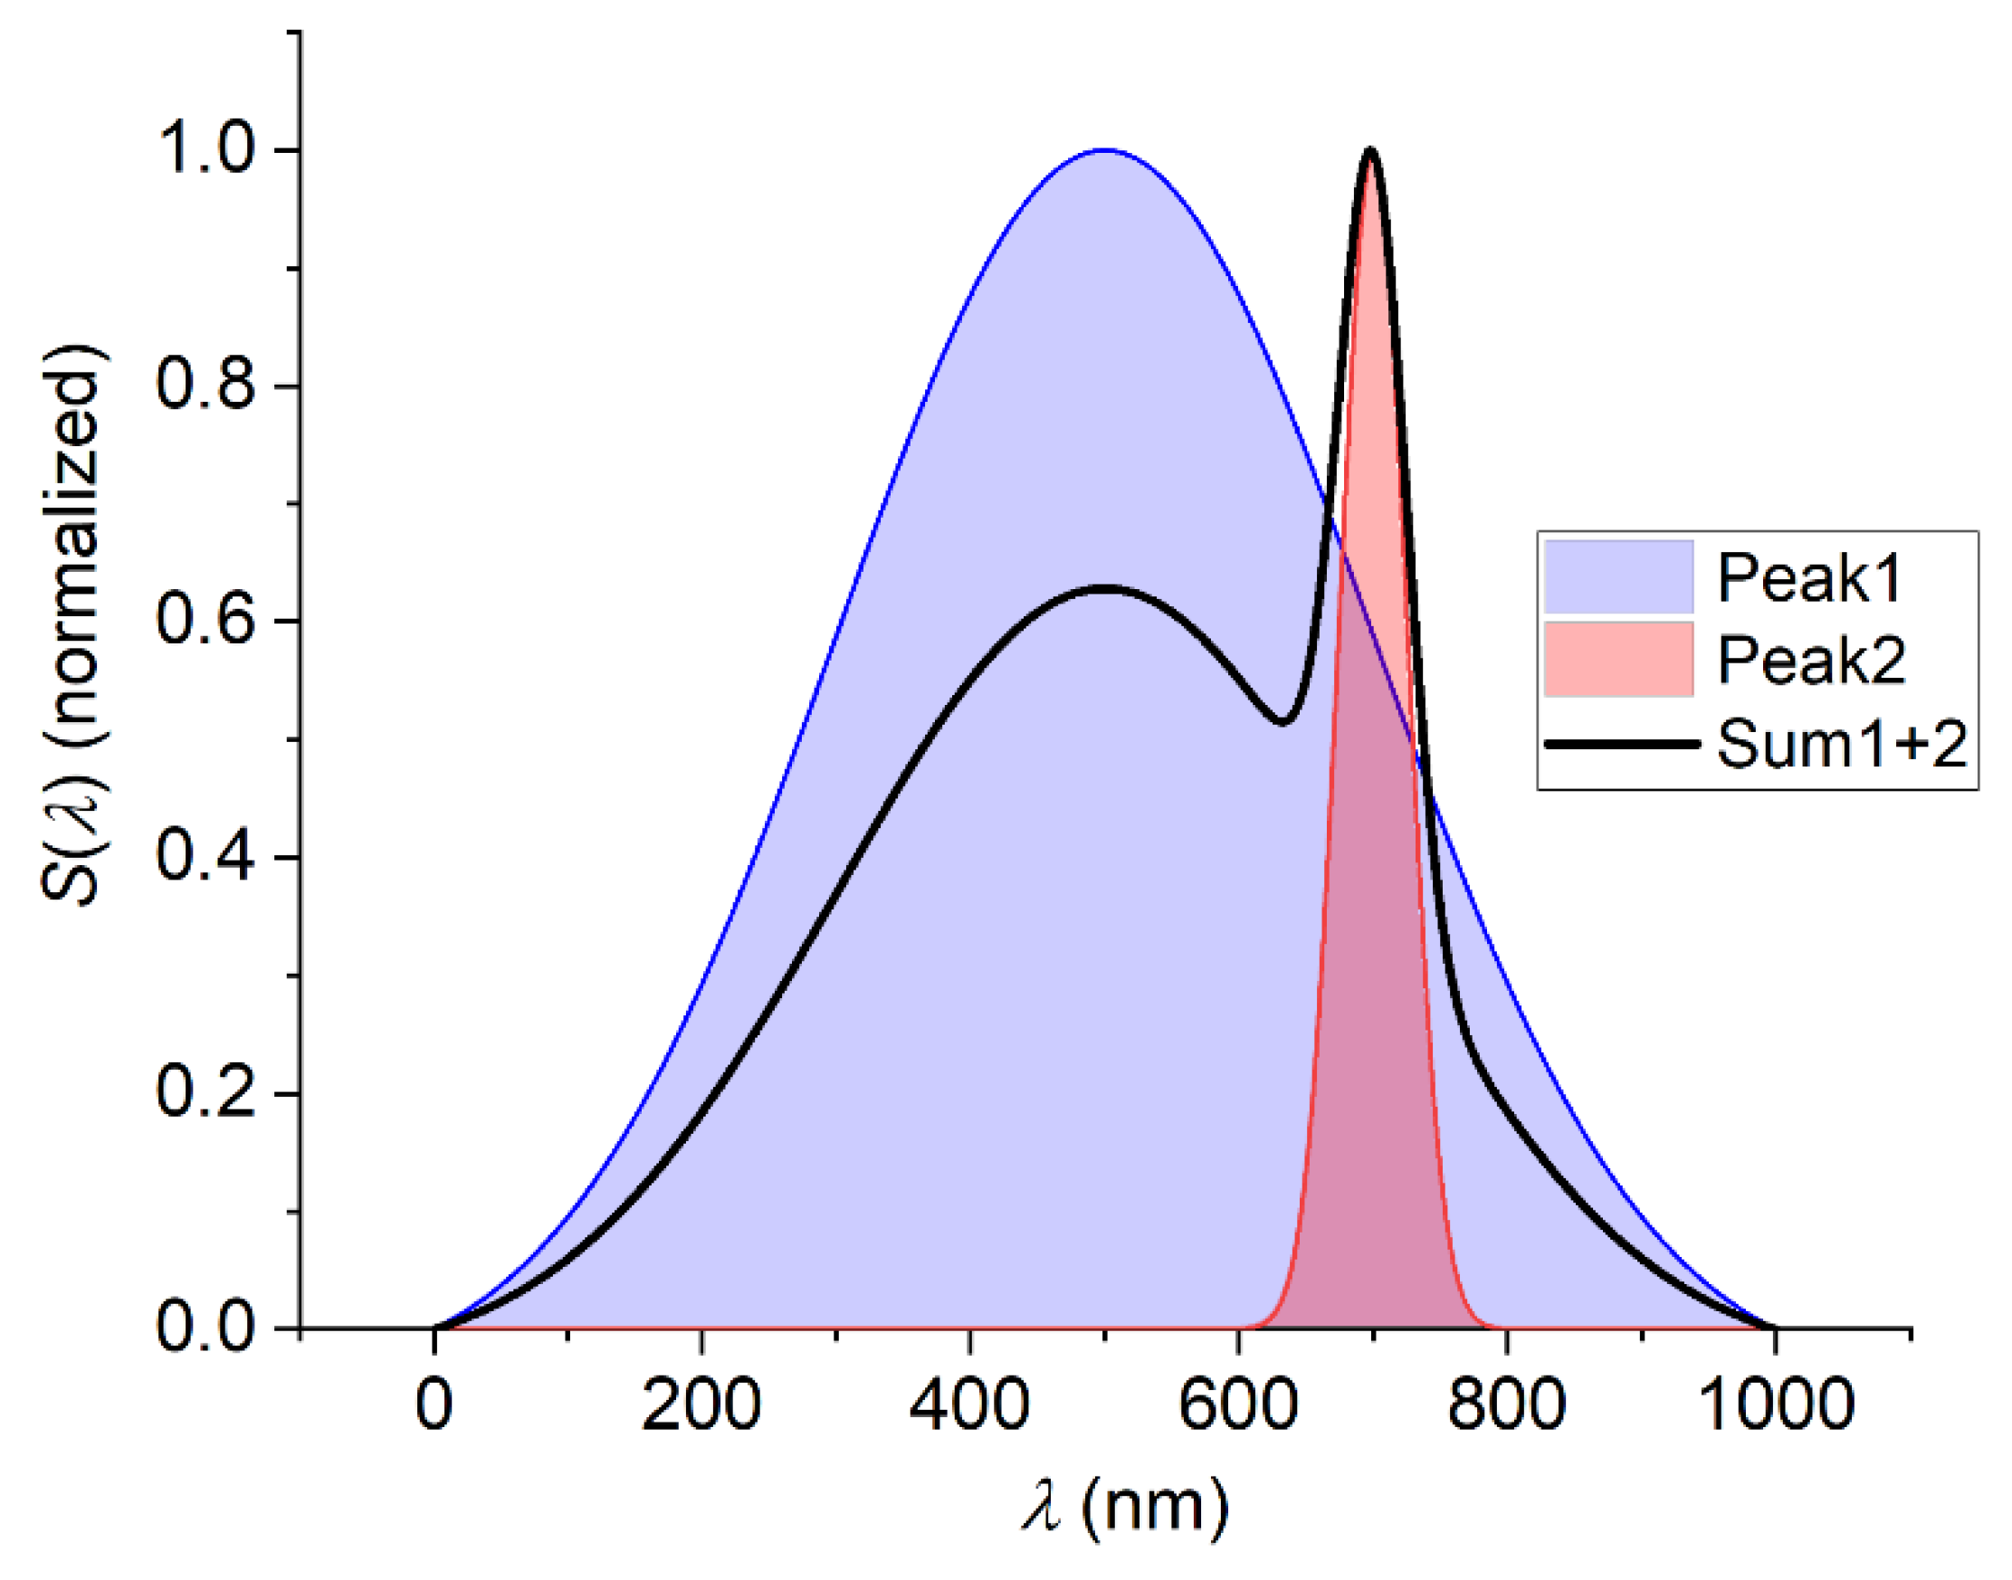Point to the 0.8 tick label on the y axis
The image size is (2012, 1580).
(205, 384)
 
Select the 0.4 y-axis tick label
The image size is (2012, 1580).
(205, 856)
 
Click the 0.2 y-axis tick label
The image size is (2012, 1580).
(205, 1091)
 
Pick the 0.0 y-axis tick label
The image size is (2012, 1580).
(205, 1328)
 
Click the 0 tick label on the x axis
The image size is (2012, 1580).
(434, 1404)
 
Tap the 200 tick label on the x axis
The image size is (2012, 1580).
(701, 1404)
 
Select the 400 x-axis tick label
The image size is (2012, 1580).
(969, 1404)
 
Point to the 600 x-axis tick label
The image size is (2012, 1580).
(1238, 1404)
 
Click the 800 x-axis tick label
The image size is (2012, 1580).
(1506, 1404)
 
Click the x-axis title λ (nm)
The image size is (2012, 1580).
(1125, 1506)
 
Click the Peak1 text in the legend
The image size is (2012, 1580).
(1809, 578)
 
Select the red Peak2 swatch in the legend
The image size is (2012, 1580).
(1619, 659)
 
